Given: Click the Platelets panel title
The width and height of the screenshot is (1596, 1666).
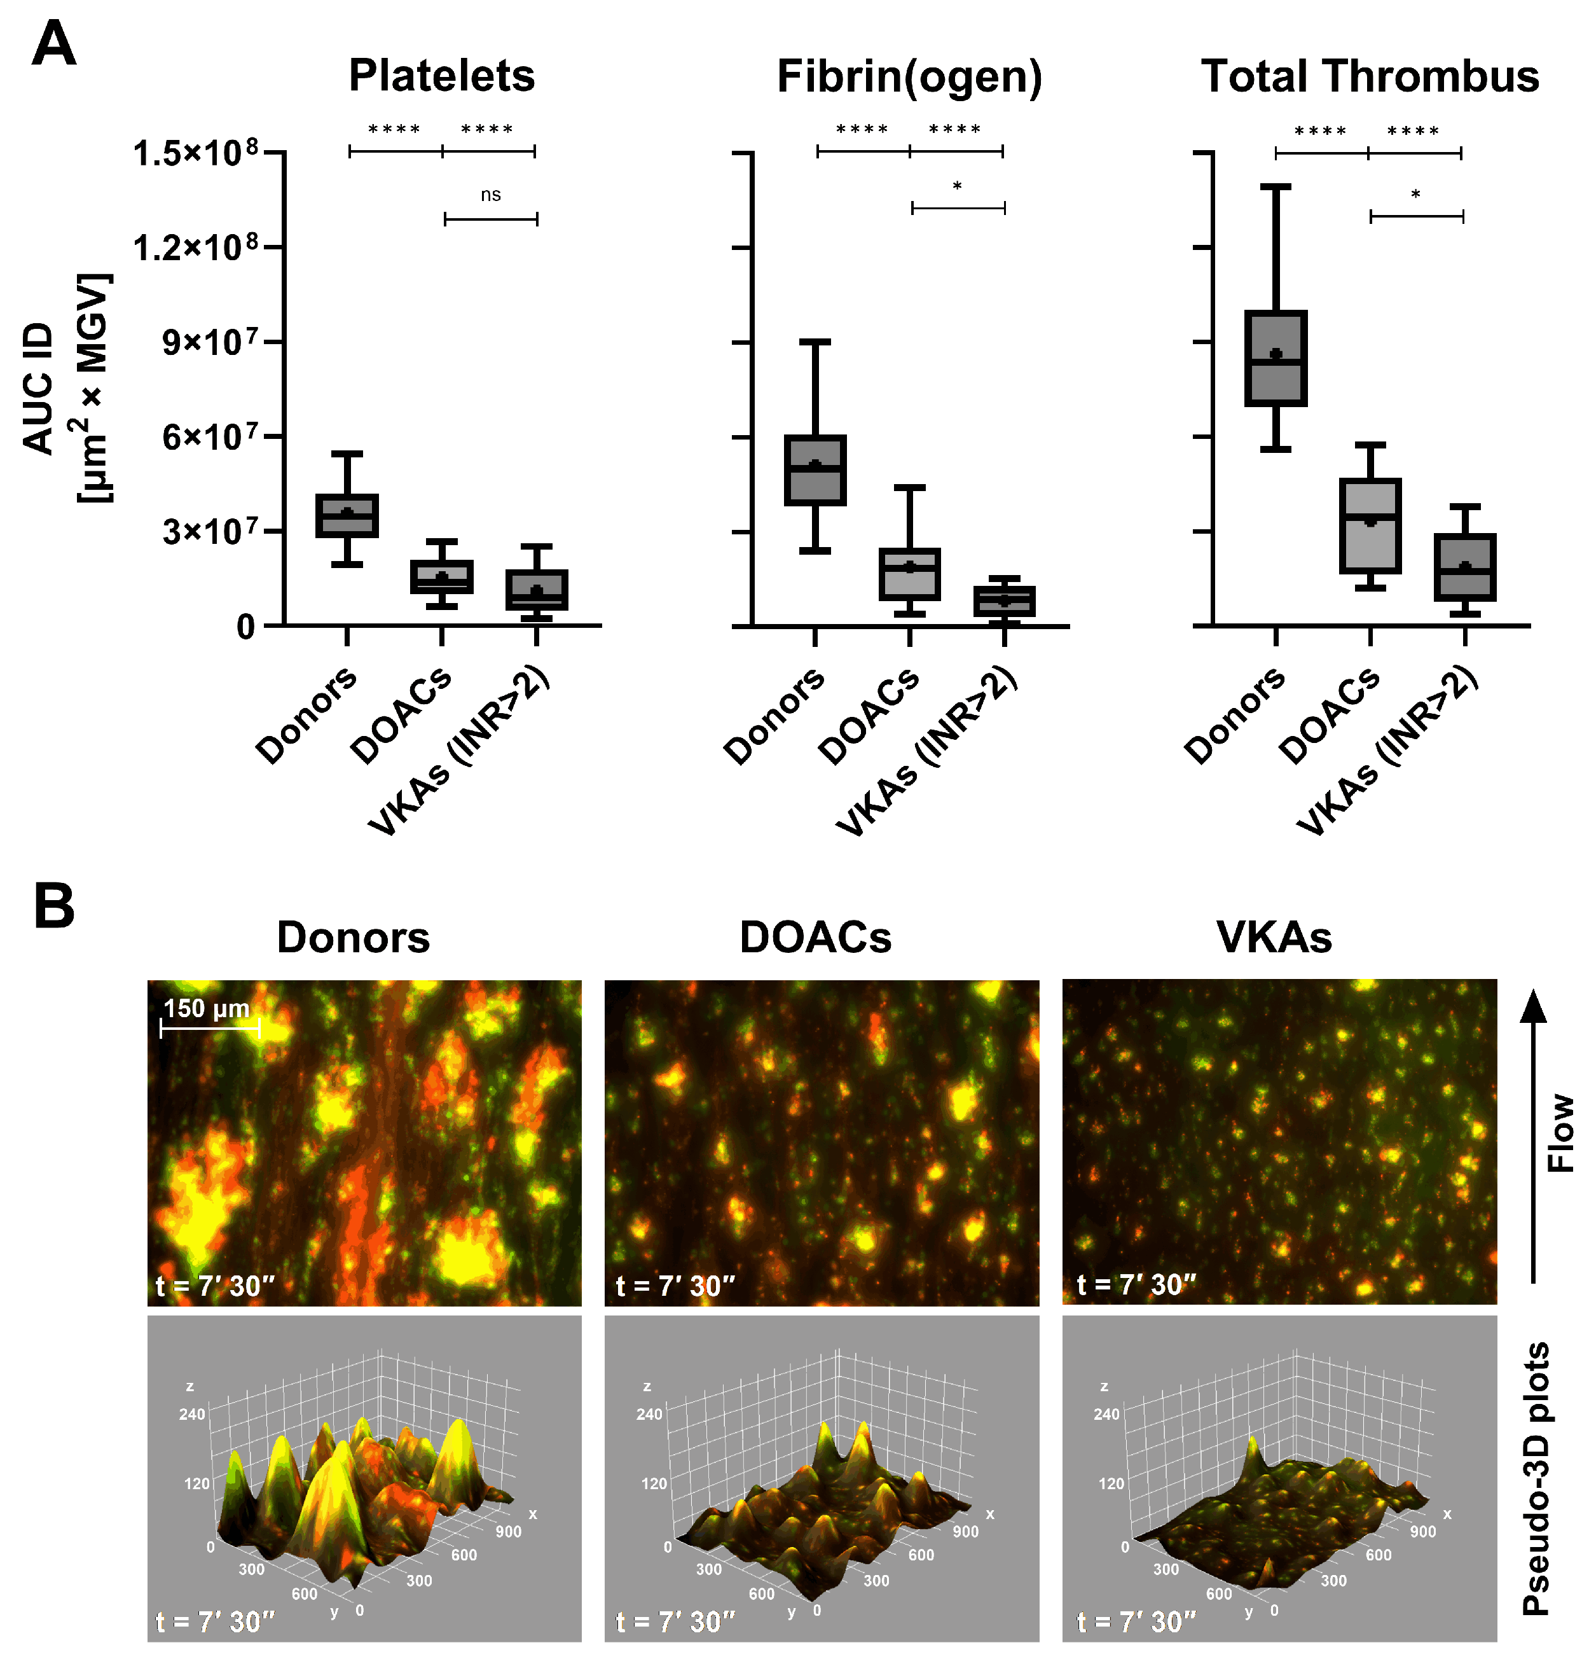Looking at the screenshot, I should [x=441, y=76].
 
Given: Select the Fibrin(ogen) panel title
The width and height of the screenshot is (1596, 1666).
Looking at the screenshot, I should [x=909, y=76].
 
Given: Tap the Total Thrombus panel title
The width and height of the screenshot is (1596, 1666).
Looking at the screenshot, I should [x=1369, y=76].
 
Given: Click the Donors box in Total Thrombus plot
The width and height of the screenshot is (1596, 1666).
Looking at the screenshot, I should [x=1275, y=358].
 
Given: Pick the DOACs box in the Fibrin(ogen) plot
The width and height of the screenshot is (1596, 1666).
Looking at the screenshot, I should [x=909, y=574].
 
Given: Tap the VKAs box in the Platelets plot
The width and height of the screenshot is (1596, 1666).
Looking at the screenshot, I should [x=536, y=590].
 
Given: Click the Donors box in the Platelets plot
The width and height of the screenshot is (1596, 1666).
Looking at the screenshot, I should [x=347, y=515].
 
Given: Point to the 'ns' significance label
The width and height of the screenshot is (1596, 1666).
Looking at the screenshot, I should [x=490, y=195].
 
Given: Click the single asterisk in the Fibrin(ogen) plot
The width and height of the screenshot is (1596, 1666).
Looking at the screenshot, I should [x=957, y=187].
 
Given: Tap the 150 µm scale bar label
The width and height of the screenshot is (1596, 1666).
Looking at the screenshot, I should [x=207, y=1008].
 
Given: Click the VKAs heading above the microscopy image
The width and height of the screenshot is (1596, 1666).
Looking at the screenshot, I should [x=1273, y=938].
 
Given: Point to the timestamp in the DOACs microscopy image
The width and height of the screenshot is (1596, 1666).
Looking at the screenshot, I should [x=675, y=1285].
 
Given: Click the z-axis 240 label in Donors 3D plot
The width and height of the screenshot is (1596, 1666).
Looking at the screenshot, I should [x=192, y=1414].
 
